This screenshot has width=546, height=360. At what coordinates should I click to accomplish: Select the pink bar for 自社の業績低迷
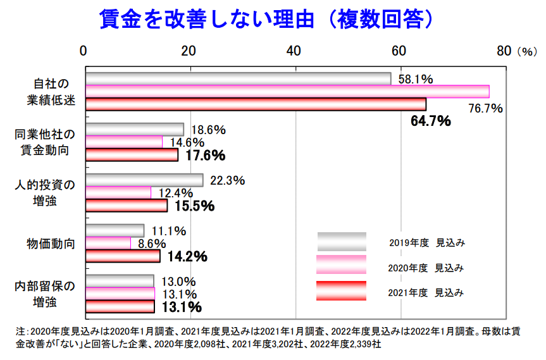(x=287, y=91)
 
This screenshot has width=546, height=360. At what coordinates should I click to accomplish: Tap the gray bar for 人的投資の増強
(x=144, y=180)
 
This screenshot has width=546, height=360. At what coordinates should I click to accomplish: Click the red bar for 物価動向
(x=123, y=256)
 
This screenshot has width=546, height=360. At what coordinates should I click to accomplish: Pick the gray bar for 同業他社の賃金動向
(x=135, y=130)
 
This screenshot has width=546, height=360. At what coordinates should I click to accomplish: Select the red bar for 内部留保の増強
(x=120, y=307)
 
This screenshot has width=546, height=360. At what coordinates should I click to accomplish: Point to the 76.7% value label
(x=485, y=108)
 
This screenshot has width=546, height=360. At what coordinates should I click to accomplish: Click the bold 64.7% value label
(x=430, y=121)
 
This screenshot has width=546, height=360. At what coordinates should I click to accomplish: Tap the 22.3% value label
(x=227, y=180)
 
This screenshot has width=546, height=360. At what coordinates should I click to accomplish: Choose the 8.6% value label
(x=152, y=244)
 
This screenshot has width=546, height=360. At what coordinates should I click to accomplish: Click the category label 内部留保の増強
(x=45, y=294)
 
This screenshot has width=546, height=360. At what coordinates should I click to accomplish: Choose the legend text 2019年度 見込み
(x=426, y=242)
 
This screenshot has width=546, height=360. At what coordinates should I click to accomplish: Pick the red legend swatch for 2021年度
(x=342, y=292)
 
